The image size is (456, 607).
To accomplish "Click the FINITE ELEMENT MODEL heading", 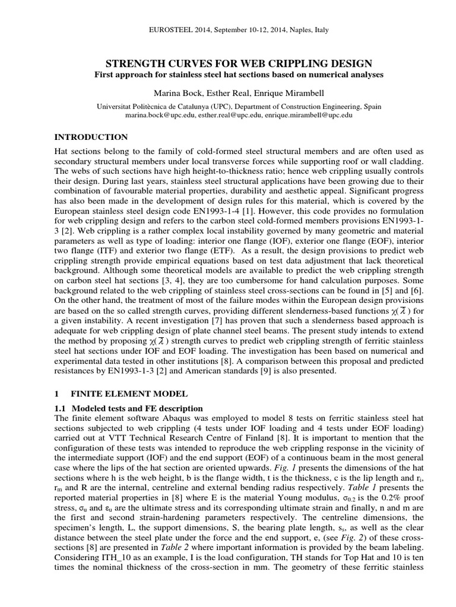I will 129,393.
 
